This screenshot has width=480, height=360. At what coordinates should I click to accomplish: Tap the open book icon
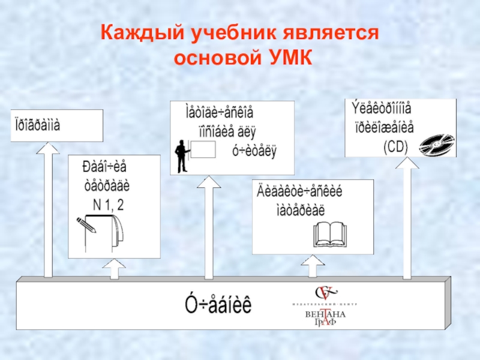click(329, 235)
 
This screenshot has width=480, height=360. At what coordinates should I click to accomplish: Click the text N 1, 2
click(109, 204)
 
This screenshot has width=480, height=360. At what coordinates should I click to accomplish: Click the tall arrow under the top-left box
click(48, 210)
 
